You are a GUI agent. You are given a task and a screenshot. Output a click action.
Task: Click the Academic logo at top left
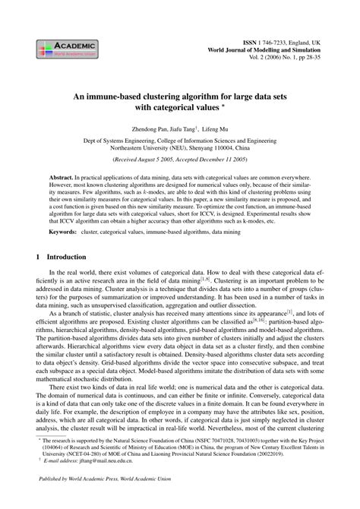pyautogui.click(x=62, y=49)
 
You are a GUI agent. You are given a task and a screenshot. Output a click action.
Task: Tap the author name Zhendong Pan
pyautogui.click(x=150, y=130)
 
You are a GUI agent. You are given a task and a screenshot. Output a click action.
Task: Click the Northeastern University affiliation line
pyautogui.click(x=179, y=150)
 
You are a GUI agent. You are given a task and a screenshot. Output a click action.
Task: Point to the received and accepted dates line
pyautogui.click(x=179, y=162)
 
